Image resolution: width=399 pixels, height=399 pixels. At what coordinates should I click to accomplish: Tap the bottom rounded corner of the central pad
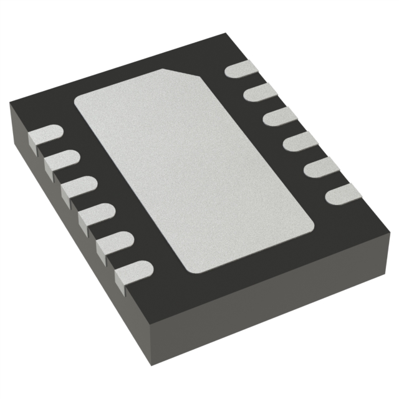(x=193, y=266)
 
